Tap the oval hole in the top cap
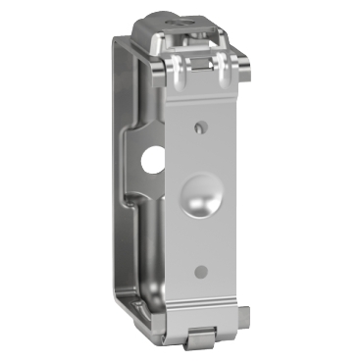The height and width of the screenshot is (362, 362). (182, 19)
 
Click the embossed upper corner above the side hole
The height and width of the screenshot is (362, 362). (138, 132)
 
